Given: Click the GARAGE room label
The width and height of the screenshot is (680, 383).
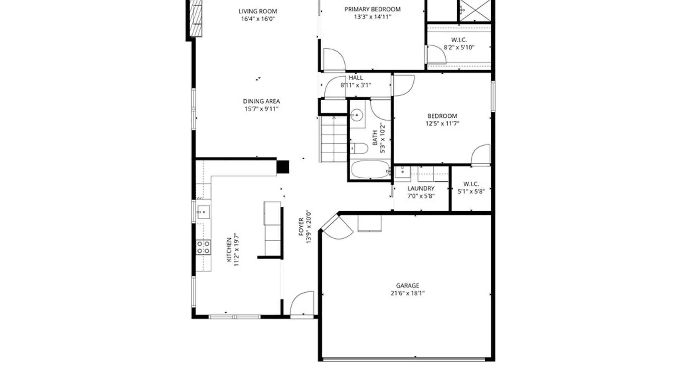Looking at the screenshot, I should [407, 285].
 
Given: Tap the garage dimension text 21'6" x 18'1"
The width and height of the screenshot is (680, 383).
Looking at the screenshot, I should [407, 293].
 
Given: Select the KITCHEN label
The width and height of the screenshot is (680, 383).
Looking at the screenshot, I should [229, 250].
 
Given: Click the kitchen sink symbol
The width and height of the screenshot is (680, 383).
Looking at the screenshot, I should [204, 212].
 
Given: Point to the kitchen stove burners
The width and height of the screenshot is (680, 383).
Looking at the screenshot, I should [204, 247].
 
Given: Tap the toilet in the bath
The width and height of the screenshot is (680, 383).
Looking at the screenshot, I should [359, 148].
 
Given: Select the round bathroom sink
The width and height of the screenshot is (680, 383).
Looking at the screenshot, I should [357, 115].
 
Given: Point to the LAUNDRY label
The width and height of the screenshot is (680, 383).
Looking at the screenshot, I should [421, 189].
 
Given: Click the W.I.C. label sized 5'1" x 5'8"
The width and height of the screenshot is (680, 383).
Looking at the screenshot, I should [471, 184].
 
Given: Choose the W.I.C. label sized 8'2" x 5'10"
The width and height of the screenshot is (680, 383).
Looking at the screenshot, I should [459, 40].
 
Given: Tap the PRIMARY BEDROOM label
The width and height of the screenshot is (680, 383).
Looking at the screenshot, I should [372, 9].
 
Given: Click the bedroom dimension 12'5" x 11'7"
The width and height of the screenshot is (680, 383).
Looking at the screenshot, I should [442, 123].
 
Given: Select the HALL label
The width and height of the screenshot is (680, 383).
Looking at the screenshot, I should [356, 78].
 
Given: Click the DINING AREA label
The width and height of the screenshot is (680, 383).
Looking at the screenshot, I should [261, 101].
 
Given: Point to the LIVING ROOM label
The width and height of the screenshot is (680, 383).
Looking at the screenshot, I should [258, 11].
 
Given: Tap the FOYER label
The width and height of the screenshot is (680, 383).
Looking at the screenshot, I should [301, 227].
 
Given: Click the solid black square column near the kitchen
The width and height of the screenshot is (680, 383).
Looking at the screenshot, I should [283, 167].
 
